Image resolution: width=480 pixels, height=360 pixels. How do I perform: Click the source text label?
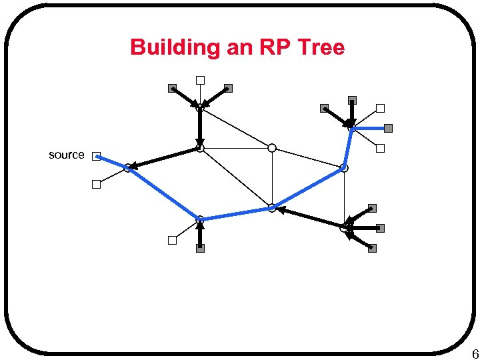pos(67,155)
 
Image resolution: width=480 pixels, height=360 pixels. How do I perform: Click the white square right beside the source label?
pos(96,156)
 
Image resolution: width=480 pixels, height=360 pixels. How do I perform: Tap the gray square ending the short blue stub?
pos(388,128)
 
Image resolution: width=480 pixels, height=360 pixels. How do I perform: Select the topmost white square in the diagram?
pos(199,81)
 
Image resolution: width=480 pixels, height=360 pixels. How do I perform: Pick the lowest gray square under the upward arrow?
pos(200,248)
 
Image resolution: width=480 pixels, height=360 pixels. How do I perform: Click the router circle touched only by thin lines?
pos(272,148)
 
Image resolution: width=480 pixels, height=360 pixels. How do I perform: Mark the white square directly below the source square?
pos(96,185)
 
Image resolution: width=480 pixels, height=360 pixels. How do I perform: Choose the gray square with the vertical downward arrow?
pos(352,101)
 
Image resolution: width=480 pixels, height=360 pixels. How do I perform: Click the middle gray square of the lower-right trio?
pos(380,228)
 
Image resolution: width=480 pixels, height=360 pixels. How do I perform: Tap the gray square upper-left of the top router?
pos(171,88)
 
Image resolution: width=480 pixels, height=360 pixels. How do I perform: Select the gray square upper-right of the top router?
pos(228,88)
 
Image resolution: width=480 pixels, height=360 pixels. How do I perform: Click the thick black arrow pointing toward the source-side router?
pos(163,157)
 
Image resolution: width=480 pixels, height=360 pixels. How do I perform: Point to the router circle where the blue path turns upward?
pos(344,168)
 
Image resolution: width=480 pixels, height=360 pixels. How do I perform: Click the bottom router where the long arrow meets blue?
pos(272,208)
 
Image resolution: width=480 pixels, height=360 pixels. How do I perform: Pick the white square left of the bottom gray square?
pos(172,241)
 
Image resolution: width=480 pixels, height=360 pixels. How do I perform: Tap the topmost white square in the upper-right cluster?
pos(380,108)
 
